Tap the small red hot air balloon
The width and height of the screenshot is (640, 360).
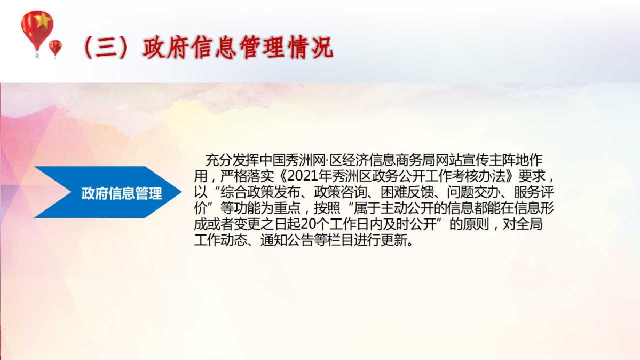(x=55, y=48)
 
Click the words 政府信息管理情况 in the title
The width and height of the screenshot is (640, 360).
(x=238, y=48)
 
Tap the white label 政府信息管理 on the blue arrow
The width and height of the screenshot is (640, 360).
(x=122, y=193)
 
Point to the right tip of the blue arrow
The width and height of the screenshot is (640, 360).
(x=181, y=192)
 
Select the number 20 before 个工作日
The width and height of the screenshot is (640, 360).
(x=307, y=224)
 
